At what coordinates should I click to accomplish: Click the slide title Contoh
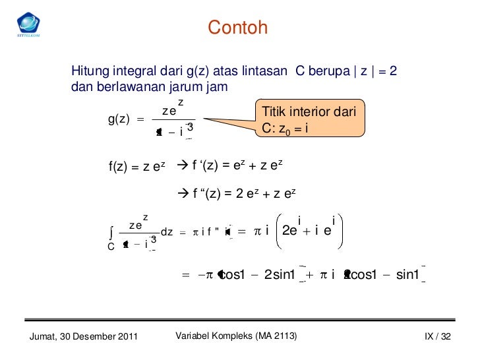coord(238,28)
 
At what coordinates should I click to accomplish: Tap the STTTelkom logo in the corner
coord(28,24)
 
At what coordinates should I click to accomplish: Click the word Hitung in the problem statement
coord(88,71)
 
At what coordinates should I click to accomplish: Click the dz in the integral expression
coord(167,231)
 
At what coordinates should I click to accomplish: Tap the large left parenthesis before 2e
coord(276,231)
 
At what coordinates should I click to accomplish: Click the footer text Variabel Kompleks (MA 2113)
coord(236,337)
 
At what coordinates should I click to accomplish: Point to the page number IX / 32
coord(437,338)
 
